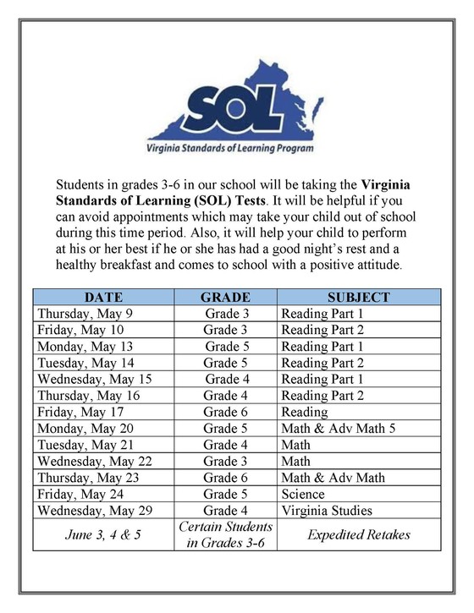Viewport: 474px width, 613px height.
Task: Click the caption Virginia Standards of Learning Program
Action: pyautogui.click(x=230, y=147)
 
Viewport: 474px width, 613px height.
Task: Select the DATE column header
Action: pyautogui.click(x=103, y=297)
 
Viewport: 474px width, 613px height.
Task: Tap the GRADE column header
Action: pyautogui.click(x=225, y=297)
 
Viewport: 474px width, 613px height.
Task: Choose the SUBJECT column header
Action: pyautogui.click(x=358, y=297)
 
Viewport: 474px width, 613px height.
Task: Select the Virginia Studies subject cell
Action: pyautogui.click(x=327, y=511)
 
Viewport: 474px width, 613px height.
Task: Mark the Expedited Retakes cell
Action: pyautogui.click(x=358, y=534)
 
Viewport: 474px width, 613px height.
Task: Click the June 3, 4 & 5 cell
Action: pyautogui.click(x=103, y=534)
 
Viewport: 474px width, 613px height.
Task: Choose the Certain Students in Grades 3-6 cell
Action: pyautogui.click(x=225, y=534)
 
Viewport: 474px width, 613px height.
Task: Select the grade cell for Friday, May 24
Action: pyautogui.click(x=225, y=494)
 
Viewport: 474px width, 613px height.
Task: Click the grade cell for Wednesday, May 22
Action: pyautogui.click(x=225, y=461)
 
